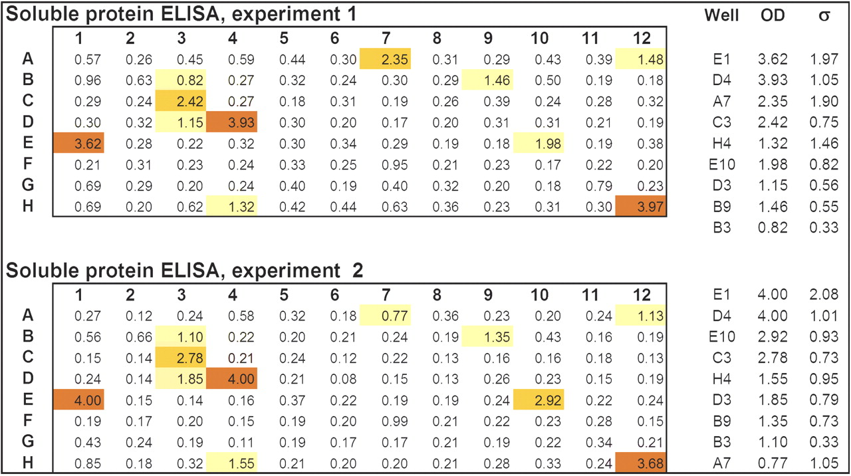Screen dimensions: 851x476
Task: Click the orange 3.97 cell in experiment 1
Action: [640, 206]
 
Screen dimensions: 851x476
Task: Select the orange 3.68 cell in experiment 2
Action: [640, 462]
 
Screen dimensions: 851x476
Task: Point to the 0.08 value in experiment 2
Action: [343, 379]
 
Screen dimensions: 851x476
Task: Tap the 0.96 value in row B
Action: [88, 80]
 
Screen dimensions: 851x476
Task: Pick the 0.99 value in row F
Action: [395, 421]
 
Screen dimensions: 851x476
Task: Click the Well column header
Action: [721, 15]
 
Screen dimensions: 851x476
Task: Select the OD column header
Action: [773, 15]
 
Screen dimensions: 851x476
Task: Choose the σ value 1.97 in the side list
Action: [824, 59]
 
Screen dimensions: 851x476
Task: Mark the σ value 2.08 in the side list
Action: [824, 295]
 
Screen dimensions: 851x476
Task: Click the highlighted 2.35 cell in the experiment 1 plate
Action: [385, 59]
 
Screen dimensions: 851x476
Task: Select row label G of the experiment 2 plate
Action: [28, 441]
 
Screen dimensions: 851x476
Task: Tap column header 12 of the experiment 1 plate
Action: [642, 38]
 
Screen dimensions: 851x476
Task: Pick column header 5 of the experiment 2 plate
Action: [284, 295]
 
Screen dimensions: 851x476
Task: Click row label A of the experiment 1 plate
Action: [28, 59]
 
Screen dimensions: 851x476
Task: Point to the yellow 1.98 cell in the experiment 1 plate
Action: [539, 143]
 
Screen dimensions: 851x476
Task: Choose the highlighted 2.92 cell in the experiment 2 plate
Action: [539, 400]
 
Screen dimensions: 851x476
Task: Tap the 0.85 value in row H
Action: [88, 463]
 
